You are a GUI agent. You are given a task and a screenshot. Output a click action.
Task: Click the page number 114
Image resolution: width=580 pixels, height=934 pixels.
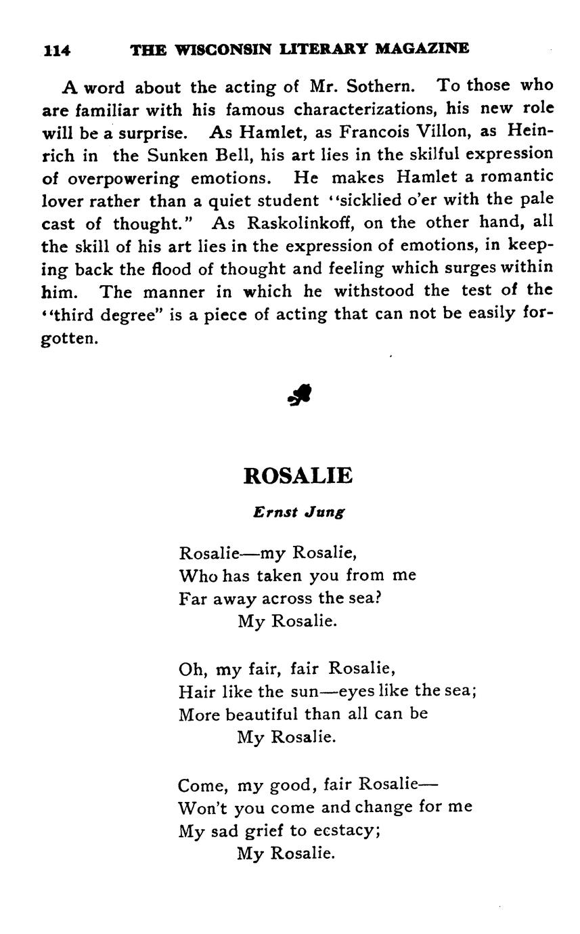pyautogui.click(x=57, y=49)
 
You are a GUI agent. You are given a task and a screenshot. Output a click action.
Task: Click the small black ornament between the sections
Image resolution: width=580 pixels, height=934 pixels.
pyautogui.click(x=299, y=394)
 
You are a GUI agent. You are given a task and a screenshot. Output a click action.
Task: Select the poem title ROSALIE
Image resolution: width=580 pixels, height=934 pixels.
pyautogui.click(x=298, y=475)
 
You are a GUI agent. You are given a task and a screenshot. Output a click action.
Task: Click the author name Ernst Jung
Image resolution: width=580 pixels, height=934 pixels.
pyautogui.click(x=299, y=513)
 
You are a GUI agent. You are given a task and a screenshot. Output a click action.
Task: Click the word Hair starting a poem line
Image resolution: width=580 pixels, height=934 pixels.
pyautogui.click(x=193, y=692)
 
